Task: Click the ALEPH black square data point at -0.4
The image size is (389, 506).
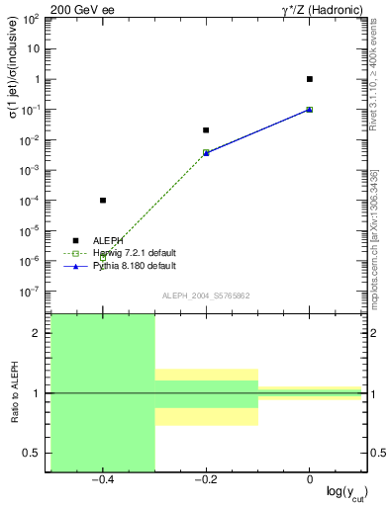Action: [103, 201]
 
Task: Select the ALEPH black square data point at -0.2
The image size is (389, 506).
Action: [206, 130]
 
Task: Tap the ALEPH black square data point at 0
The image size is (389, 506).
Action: [310, 79]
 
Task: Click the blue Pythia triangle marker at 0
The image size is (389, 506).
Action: [310, 110]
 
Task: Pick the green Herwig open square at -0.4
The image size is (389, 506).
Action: [103, 257]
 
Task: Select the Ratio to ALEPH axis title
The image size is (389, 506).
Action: [13, 393]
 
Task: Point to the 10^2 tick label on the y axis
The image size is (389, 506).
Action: [31, 19]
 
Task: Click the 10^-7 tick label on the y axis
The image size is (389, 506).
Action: [31, 293]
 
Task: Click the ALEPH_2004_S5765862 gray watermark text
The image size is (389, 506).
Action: [206, 296]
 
